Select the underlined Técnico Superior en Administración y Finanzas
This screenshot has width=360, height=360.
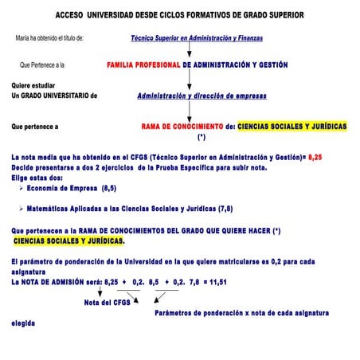(197, 37)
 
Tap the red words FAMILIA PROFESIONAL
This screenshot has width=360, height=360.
(143, 64)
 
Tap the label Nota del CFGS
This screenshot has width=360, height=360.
(108, 302)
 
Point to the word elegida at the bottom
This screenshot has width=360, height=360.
(23, 323)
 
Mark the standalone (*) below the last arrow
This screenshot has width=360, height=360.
(202, 137)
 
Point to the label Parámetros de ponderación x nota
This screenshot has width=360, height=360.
(239, 313)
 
